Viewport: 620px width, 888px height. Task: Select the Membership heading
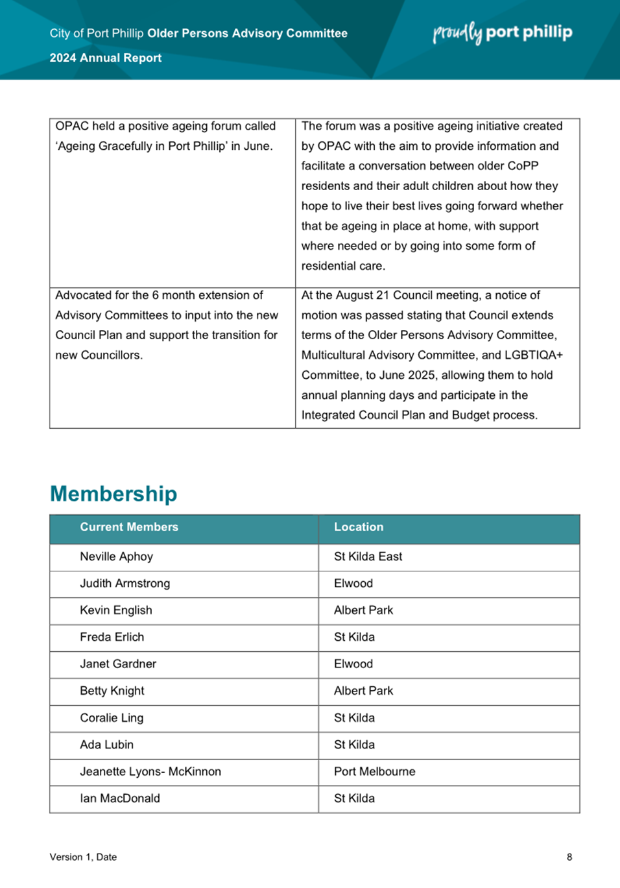tap(113, 494)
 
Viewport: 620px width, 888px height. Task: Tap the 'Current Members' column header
tap(129, 527)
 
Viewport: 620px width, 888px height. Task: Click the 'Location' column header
tap(359, 527)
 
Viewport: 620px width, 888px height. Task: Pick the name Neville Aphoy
tap(117, 557)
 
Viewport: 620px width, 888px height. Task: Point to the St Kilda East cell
tap(368, 557)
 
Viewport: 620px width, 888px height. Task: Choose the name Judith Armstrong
tap(125, 583)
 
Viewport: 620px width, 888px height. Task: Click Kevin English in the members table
tap(116, 610)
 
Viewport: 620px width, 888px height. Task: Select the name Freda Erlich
tap(112, 637)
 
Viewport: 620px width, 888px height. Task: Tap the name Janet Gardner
tap(118, 664)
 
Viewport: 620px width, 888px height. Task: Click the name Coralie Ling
tap(112, 718)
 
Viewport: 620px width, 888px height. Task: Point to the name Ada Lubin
tap(107, 745)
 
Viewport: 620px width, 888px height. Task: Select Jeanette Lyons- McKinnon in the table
tap(150, 771)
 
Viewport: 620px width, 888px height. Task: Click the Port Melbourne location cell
tap(374, 771)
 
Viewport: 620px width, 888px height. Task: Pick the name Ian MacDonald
tap(120, 798)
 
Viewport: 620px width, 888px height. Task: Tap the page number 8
tap(569, 857)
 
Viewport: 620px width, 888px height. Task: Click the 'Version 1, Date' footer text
tap(83, 857)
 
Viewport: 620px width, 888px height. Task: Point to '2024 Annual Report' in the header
tap(106, 58)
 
